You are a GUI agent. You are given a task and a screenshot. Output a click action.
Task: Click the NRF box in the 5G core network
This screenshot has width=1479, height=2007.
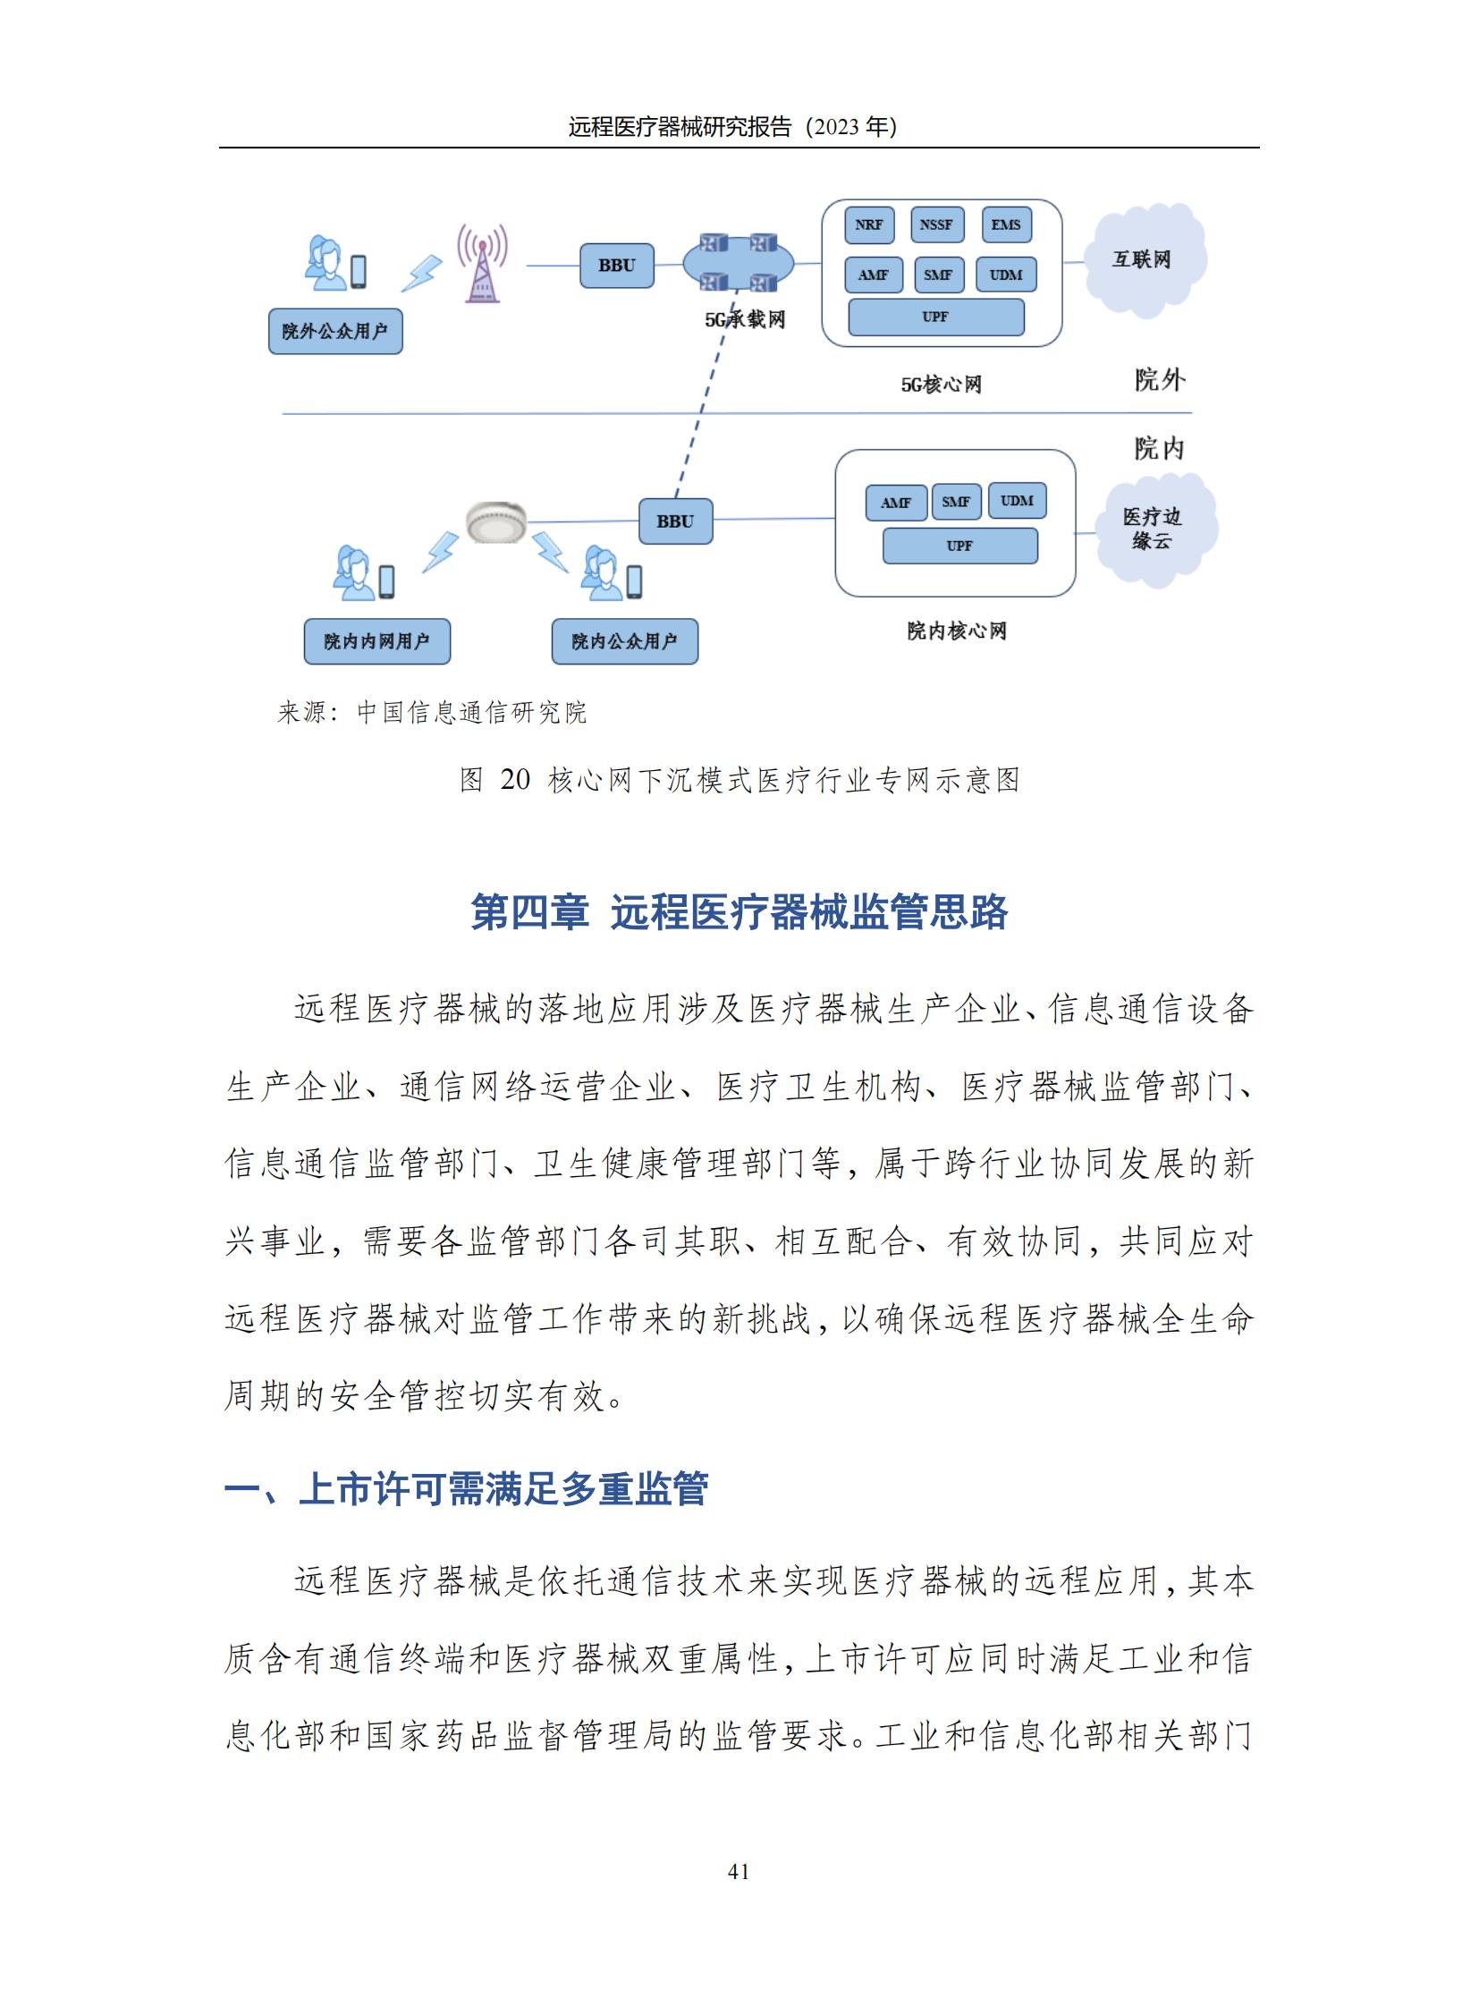coord(868,224)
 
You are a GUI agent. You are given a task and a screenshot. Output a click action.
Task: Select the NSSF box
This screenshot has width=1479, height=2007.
coord(936,224)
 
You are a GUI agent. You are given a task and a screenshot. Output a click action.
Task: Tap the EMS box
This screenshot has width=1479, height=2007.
coord(1006,224)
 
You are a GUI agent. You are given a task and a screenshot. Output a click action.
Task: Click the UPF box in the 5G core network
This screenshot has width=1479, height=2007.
coord(935,317)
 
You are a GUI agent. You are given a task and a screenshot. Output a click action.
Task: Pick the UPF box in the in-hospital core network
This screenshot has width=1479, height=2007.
coord(959,546)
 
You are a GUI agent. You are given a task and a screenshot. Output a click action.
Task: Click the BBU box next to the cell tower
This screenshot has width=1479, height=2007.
coord(617,266)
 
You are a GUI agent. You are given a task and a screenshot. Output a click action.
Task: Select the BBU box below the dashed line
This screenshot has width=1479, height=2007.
coord(675,521)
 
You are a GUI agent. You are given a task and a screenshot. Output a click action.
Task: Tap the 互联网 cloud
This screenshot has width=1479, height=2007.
coord(1143,259)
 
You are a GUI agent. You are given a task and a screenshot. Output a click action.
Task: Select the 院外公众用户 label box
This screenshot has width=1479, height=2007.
coord(334,331)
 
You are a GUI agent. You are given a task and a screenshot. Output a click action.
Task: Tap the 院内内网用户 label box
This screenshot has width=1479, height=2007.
coord(377,641)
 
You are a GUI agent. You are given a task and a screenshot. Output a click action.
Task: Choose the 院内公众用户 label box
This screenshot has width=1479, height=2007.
coord(624,641)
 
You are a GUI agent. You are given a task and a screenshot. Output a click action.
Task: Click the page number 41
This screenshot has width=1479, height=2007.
coord(739,1871)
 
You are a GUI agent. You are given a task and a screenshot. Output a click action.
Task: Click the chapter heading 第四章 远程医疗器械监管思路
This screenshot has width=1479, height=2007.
coord(739,912)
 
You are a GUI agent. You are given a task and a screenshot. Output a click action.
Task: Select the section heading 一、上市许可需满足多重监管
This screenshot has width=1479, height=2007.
coord(467,1488)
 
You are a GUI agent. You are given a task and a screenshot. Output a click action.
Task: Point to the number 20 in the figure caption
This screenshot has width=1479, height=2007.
coord(515,780)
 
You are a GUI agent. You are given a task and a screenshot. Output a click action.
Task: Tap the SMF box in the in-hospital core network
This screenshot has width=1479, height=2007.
coord(956,502)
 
